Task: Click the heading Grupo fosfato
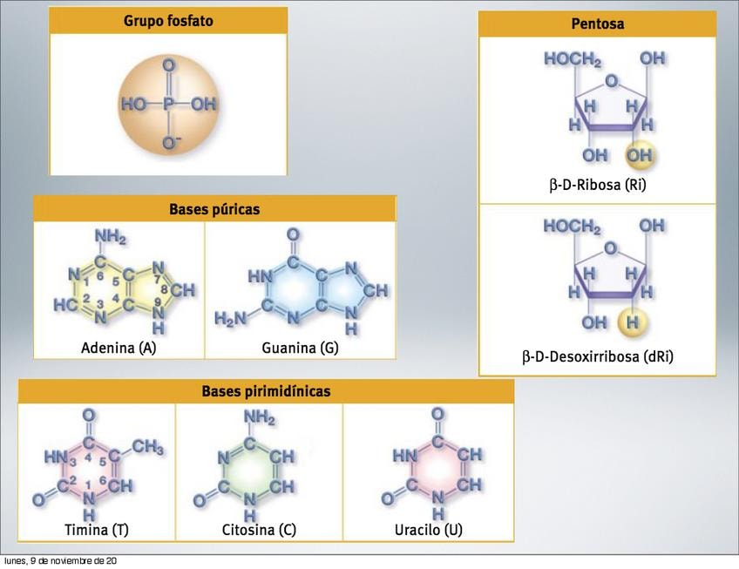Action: [x=168, y=20]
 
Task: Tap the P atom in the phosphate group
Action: [x=169, y=105]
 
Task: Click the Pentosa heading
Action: [x=597, y=24]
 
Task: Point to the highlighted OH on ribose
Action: [x=640, y=155]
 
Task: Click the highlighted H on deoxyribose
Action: [x=634, y=323]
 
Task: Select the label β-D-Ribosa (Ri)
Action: [x=597, y=185]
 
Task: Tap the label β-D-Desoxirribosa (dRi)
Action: [x=597, y=356]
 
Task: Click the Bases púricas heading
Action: [x=214, y=209]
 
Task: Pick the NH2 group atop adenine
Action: [x=111, y=238]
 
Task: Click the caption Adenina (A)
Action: [x=119, y=348]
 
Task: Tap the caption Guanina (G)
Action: [x=300, y=348]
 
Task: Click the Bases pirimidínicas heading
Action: [x=266, y=391]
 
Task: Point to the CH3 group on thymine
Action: [x=147, y=447]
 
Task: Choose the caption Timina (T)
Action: [x=97, y=529]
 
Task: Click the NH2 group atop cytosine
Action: [x=259, y=419]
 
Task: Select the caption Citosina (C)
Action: [x=259, y=529]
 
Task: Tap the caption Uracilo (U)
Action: [x=428, y=529]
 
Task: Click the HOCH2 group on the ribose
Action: [x=572, y=59]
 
